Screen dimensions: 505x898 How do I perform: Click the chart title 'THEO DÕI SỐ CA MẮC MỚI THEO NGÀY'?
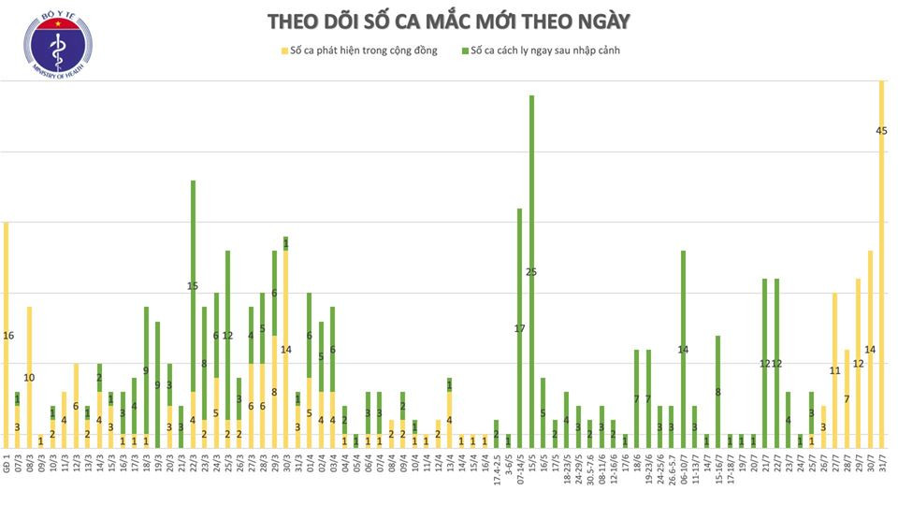(449, 21)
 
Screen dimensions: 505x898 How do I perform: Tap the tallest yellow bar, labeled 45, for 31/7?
(882, 262)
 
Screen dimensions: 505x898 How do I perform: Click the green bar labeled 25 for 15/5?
(531, 271)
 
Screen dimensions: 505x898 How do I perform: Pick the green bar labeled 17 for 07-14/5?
(520, 327)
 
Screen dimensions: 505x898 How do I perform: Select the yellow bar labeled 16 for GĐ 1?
(7, 335)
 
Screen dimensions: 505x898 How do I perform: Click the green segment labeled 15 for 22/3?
(193, 285)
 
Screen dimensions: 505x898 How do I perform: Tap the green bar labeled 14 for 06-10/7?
(684, 348)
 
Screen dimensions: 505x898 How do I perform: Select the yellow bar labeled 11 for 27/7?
(835, 369)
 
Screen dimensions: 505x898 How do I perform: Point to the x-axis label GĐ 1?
(7, 467)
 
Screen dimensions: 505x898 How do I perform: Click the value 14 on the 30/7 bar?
(870, 349)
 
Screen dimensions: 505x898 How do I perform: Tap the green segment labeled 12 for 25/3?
(227, 335)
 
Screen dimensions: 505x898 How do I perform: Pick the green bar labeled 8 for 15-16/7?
(718, 391)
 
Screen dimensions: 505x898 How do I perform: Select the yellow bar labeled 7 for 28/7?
(847, 398)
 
